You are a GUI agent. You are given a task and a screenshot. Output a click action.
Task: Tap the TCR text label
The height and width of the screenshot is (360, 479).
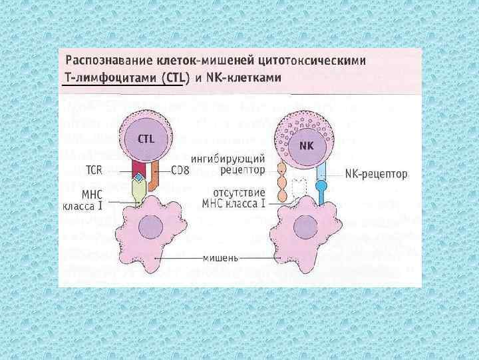tap(93, 170)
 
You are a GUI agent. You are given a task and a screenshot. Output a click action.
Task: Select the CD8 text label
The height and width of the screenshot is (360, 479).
tap(180, 170)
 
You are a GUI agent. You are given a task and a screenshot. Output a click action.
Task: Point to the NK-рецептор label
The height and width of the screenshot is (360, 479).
tap(376, 174)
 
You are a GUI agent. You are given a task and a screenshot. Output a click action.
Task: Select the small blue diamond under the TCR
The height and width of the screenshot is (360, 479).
tap(138, 178)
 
